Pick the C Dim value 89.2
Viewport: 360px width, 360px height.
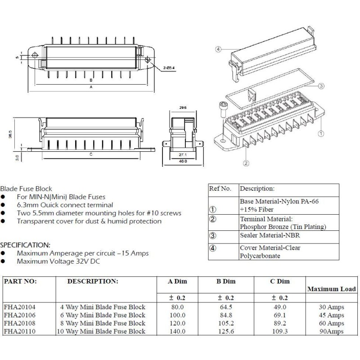pos(276,323)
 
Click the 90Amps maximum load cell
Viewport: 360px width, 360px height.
pos(330,332)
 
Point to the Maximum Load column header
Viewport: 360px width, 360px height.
pos(331,289)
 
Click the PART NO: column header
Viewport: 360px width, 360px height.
pos(20,281)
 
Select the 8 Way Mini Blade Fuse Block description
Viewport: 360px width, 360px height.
pos(103,323)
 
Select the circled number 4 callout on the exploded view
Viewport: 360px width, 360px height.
pos(218,49)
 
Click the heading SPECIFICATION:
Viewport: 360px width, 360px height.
pos(25,245)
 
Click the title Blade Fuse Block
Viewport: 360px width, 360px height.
pos(26,189)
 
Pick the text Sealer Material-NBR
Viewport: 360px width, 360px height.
pos(270,235)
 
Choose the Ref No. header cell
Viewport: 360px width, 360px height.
pos(220,189)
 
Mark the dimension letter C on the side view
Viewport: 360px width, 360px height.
pos(91,154)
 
